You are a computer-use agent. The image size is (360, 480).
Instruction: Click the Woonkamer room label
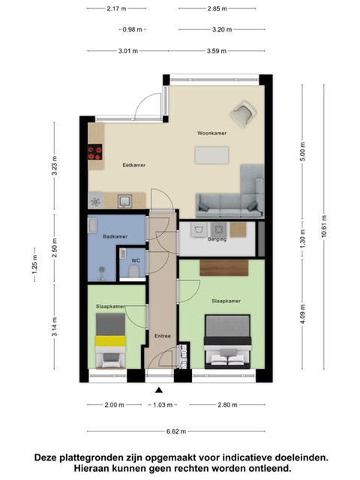(211, 133)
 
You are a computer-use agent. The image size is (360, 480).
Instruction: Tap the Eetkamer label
(134, 165)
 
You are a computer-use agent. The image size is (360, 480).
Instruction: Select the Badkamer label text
(115, 236)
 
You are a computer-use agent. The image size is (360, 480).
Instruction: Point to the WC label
(136, 260)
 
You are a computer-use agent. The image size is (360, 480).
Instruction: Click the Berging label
(217, 239)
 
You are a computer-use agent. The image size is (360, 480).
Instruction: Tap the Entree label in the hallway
(163, 336)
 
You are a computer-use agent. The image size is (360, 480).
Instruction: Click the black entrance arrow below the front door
(159, 390)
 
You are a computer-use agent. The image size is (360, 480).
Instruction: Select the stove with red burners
(95, 152)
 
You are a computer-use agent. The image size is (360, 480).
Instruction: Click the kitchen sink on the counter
(124, 201)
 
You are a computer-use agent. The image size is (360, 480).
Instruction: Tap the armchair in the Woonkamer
(243, 114)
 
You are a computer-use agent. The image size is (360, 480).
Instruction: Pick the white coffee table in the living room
(211, 155)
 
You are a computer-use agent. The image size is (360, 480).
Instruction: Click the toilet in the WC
(134, 271)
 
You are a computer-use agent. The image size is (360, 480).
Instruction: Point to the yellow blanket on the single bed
(110, 341)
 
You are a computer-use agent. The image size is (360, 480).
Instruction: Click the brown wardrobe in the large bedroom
(224, 268)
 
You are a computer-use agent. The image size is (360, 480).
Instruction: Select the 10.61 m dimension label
(324, 226)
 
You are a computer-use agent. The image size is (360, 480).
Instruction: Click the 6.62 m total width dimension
(176, 431)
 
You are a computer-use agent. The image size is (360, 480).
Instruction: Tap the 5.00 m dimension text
(303, 151)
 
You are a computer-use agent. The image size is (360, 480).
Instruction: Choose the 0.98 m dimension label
(132, 30)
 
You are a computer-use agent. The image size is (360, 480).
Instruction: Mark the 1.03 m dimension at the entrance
(163, 405)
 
